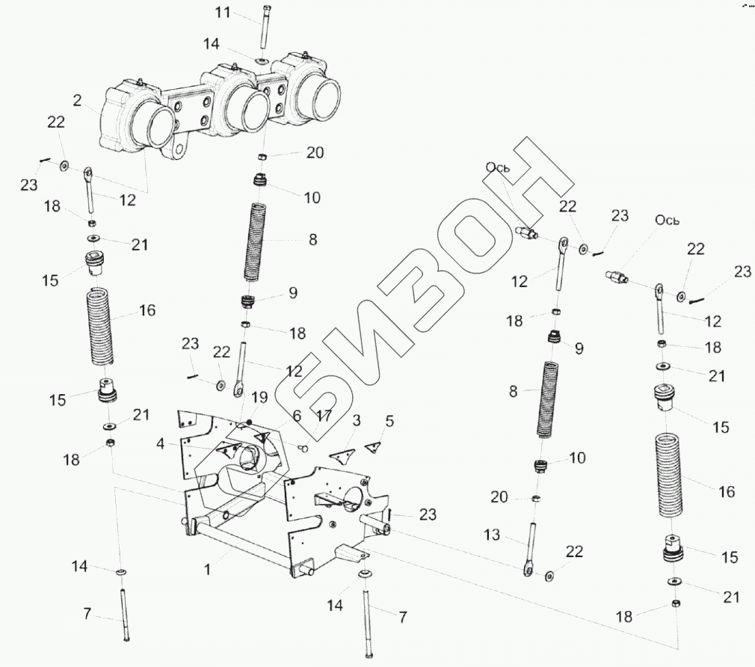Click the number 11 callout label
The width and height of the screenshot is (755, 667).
[223, 12]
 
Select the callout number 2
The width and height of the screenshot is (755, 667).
[78, 101]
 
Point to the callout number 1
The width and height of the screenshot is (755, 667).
[207, 570]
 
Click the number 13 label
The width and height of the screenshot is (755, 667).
[492, 535]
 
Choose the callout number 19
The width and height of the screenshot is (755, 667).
[259, 397]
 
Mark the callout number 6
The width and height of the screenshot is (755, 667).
[297, 415]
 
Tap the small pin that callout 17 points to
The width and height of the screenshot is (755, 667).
[303, 449]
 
